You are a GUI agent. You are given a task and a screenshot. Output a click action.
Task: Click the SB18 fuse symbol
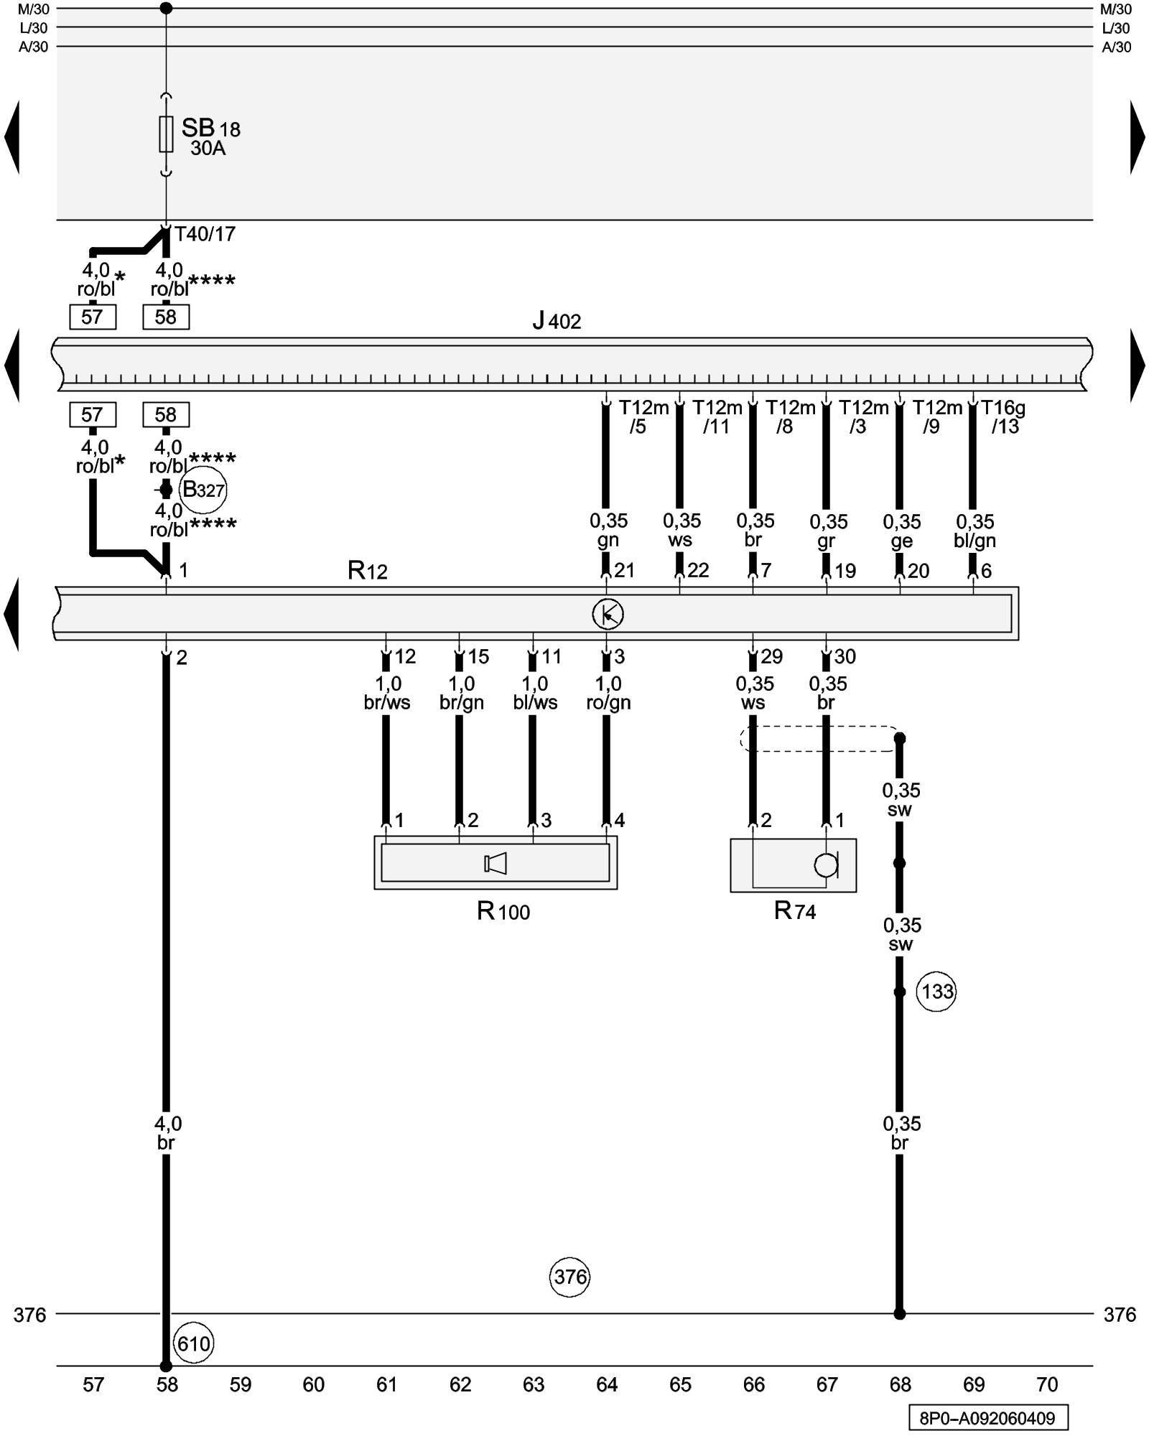point(166,134)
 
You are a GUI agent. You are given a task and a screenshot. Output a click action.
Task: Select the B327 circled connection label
point(203,490)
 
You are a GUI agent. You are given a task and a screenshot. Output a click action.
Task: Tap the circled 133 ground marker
point(937,992)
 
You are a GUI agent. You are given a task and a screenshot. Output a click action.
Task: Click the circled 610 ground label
point(194,1343)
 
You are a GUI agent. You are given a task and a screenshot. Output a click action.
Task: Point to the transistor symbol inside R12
point(608,614)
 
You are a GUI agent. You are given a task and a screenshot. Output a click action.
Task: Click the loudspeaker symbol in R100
point(496,863)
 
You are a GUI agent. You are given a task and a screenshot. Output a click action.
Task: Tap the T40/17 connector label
point(205,234)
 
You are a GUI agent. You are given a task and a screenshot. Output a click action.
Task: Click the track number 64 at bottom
point(607,1384)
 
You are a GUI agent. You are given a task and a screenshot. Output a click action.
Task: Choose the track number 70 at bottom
point(1048,1384)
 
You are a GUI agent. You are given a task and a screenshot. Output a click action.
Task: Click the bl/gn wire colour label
point(974,541)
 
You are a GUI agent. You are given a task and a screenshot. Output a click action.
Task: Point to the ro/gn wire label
point(608,703)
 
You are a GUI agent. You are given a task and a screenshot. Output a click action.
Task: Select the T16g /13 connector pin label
point(1003,417)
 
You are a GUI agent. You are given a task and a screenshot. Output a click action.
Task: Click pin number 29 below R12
point(772,656)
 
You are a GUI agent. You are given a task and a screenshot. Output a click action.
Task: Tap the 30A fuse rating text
point(208,149)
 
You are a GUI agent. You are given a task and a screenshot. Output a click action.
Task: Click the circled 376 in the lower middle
point(570,1277)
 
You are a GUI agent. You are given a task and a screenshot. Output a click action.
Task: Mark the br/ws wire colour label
point(387,703)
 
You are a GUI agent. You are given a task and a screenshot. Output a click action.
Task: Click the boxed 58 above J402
point(166,317)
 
